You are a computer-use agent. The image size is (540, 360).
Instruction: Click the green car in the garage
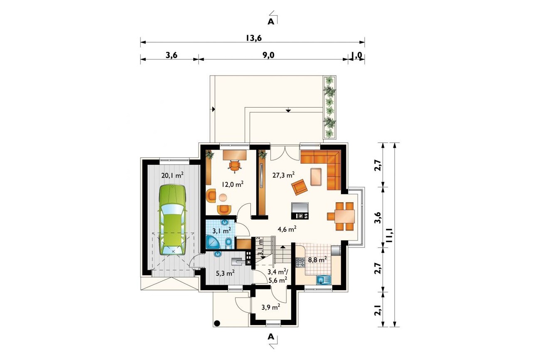point(172,220)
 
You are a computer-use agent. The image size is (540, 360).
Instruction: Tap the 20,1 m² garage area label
point(172,175)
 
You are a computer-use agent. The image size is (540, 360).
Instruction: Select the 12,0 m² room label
point(233,185)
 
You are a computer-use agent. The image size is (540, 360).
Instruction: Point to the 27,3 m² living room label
point(283,175)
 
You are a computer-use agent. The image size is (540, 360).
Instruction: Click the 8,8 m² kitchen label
point(317,260)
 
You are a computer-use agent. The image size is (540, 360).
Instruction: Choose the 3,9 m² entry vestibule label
point(271,307)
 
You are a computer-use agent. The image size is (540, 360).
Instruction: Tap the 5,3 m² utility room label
point(225,274)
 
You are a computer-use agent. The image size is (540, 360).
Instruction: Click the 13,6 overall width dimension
point(254,38)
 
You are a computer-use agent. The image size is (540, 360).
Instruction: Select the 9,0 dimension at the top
point(269,55)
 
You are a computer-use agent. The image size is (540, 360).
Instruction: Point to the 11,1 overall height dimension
point(390,235)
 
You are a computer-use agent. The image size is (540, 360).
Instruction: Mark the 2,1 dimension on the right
point(378,310)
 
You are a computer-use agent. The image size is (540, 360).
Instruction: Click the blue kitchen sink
point(324,280)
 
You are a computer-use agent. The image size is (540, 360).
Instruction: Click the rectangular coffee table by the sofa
point(316,176)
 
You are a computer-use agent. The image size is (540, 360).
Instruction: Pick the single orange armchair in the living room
point(299,187)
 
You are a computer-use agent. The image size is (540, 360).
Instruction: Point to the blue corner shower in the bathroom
point(213,242)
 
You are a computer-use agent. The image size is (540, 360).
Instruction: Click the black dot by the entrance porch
point(217,323)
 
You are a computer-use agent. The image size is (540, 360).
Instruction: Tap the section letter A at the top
point(271,22)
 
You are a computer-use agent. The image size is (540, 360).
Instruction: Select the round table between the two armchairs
point(223,198)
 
